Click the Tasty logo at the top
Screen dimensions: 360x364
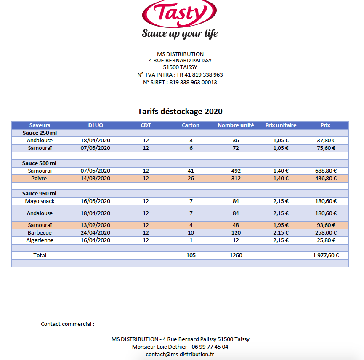tap(180, 13)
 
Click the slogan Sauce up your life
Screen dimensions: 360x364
tap(180, 33)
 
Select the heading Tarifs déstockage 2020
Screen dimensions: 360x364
tap(180, 112)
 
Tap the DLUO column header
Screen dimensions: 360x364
tap(96, 125)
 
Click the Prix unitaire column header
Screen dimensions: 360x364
tap(281, 125)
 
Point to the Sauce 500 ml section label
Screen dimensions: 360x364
tap(39, 163)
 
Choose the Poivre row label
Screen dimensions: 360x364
tap(40, 178)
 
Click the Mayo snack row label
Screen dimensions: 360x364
tap(40, 201)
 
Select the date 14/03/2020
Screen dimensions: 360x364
tap(96, 178)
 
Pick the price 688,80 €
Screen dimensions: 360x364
tap(326, 171)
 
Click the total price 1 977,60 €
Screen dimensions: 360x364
tap(326, 255)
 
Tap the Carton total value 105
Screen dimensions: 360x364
tap(191, 255)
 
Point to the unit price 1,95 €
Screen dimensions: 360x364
tap(281, 225)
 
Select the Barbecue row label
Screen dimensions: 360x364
tap(40, 232)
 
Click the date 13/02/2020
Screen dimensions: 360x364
tap(96, 225)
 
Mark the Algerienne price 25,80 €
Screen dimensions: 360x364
tap(326, 240)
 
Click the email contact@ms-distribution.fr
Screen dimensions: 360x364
tap(180, 355)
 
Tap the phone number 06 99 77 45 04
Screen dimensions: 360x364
tap(210, 347)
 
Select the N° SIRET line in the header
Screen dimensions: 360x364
tap(180, 83)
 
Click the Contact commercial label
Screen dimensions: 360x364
tap(67, 324)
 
